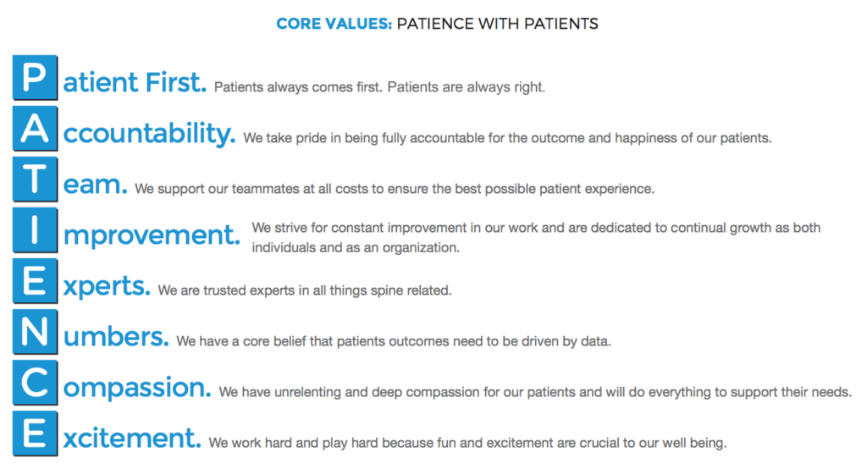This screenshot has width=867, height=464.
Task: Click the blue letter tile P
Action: pyautogui.click(x=36, y=78)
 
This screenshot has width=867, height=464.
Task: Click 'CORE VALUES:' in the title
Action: pyautogui.click(x=334, y=24)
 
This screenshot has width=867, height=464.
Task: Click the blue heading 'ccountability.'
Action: pyautogui.click(x=150, y=134)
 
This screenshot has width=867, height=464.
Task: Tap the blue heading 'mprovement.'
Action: pyautogui.click(x=152, y=235)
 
